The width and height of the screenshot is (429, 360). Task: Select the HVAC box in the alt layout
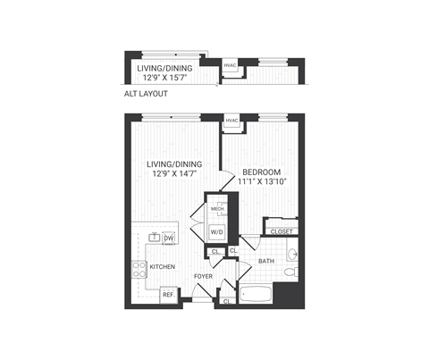point(230,66)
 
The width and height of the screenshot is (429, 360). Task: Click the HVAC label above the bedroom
point(231,121)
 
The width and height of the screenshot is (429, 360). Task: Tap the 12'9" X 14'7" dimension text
point(175,174)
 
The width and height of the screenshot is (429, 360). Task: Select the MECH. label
point(216,209)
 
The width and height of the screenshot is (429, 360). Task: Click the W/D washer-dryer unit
point(216,231)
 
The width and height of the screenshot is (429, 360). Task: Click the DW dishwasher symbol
point(168,238)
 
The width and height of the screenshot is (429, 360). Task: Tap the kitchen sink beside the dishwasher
point(154,238)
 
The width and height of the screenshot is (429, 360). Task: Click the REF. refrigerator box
point(167,293)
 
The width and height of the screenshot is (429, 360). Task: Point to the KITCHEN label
point(162,267)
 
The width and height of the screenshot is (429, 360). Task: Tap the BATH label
point(266,262)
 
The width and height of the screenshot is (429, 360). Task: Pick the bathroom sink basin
point(291,255)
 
